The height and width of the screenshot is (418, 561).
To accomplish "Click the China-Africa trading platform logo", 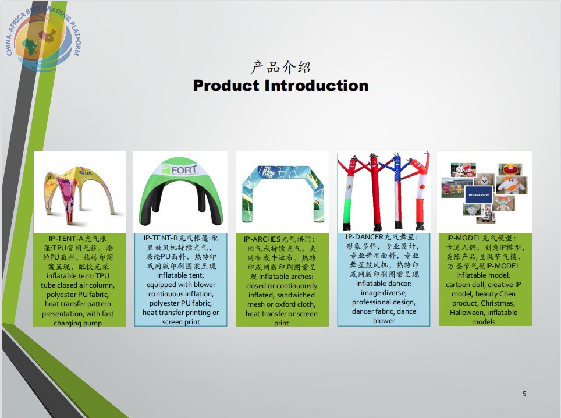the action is (x=43, y=38).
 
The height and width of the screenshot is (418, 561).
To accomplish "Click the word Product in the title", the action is (x=226, y=86).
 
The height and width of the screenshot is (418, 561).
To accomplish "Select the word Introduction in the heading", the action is (x=317, y=86).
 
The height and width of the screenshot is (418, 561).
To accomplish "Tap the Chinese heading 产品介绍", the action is (x=281, y=68).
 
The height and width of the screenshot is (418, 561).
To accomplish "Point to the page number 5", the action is (x=524, y=394).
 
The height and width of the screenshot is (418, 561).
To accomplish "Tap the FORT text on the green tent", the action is (x=184, y=169).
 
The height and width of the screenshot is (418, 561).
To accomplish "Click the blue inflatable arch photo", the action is (x=283, y=193).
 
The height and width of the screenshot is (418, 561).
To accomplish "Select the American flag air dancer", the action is (x=397, y=192).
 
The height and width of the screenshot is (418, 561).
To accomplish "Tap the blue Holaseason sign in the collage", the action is (x=479, y=194).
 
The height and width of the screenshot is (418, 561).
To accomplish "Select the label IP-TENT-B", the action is (x=161, y=238).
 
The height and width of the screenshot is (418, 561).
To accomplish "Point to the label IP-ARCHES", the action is (x=262, y=239).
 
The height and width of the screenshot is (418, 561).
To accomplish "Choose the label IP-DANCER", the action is (x=364, y=237).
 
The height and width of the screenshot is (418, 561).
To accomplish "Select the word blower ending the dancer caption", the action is (x=384, y=321).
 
